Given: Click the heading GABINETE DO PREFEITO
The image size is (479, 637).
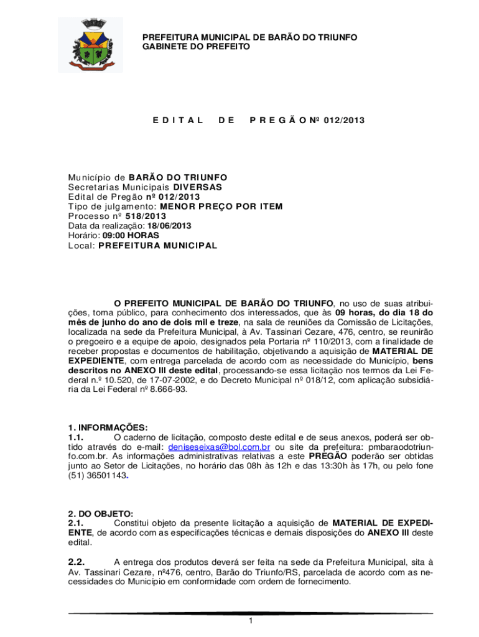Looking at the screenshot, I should pos(196,47).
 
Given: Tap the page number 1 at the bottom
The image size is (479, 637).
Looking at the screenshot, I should pos(249,621).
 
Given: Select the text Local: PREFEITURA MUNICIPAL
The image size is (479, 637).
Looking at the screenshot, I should pos(142,246).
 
